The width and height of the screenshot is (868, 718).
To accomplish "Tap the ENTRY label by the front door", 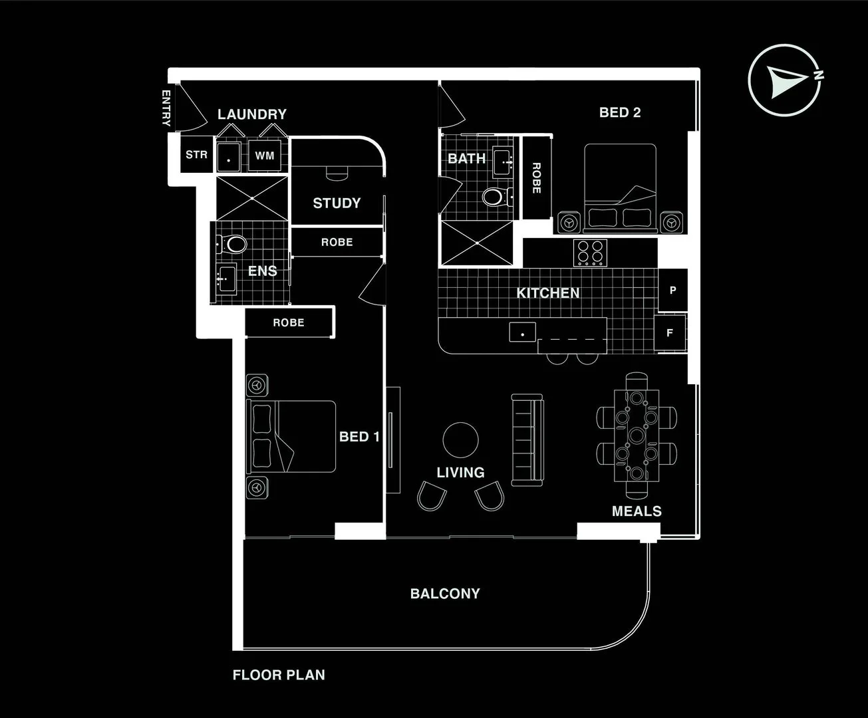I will (x=166, y=108).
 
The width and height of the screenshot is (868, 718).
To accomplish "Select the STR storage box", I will (x=196, y=155).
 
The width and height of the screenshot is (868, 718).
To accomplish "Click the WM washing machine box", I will (x=265, y=156).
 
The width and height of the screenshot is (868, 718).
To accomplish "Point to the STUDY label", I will (x=337, y=203).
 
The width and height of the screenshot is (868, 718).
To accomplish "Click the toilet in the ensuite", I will (x=233, y=244).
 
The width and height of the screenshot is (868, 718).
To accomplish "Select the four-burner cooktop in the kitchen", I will (x=591, y=253).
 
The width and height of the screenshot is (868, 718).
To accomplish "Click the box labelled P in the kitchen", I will (x=672, y=290).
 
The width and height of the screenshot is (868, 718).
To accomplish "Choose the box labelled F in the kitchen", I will (x=670, y=332).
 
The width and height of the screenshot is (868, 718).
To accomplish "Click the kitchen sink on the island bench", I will (x=523, y=332).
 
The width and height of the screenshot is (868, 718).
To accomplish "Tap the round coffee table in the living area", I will (x=460, y=440).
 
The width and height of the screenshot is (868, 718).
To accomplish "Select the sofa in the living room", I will (x=527, y=439).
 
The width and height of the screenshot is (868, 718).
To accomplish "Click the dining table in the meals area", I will (x=637, y=435).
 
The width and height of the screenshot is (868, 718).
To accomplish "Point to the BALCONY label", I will (x=445, y=593).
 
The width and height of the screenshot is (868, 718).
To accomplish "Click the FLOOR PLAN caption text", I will (x=279, y=675).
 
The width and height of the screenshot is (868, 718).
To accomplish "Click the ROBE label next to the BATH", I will (x=536, y=178).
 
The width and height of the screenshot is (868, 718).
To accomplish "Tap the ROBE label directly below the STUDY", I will (x=337, y=242).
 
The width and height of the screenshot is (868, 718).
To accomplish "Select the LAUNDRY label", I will (x=251, y=114).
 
